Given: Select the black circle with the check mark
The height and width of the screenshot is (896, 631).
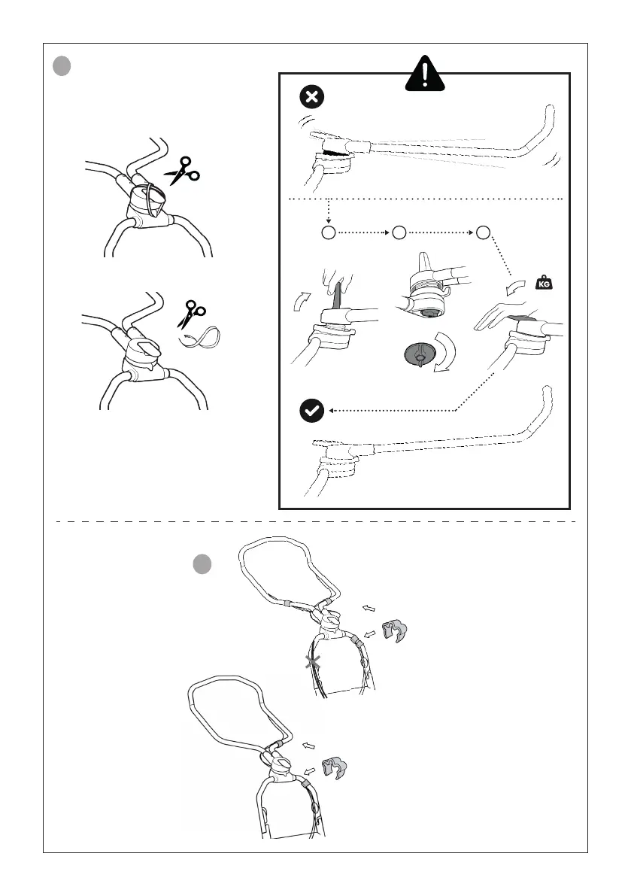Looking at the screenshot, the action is pos(311,411).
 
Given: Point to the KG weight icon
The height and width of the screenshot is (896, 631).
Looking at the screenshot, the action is pos(543,284).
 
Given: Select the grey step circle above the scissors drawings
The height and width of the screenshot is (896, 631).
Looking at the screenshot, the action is pos(62,66).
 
